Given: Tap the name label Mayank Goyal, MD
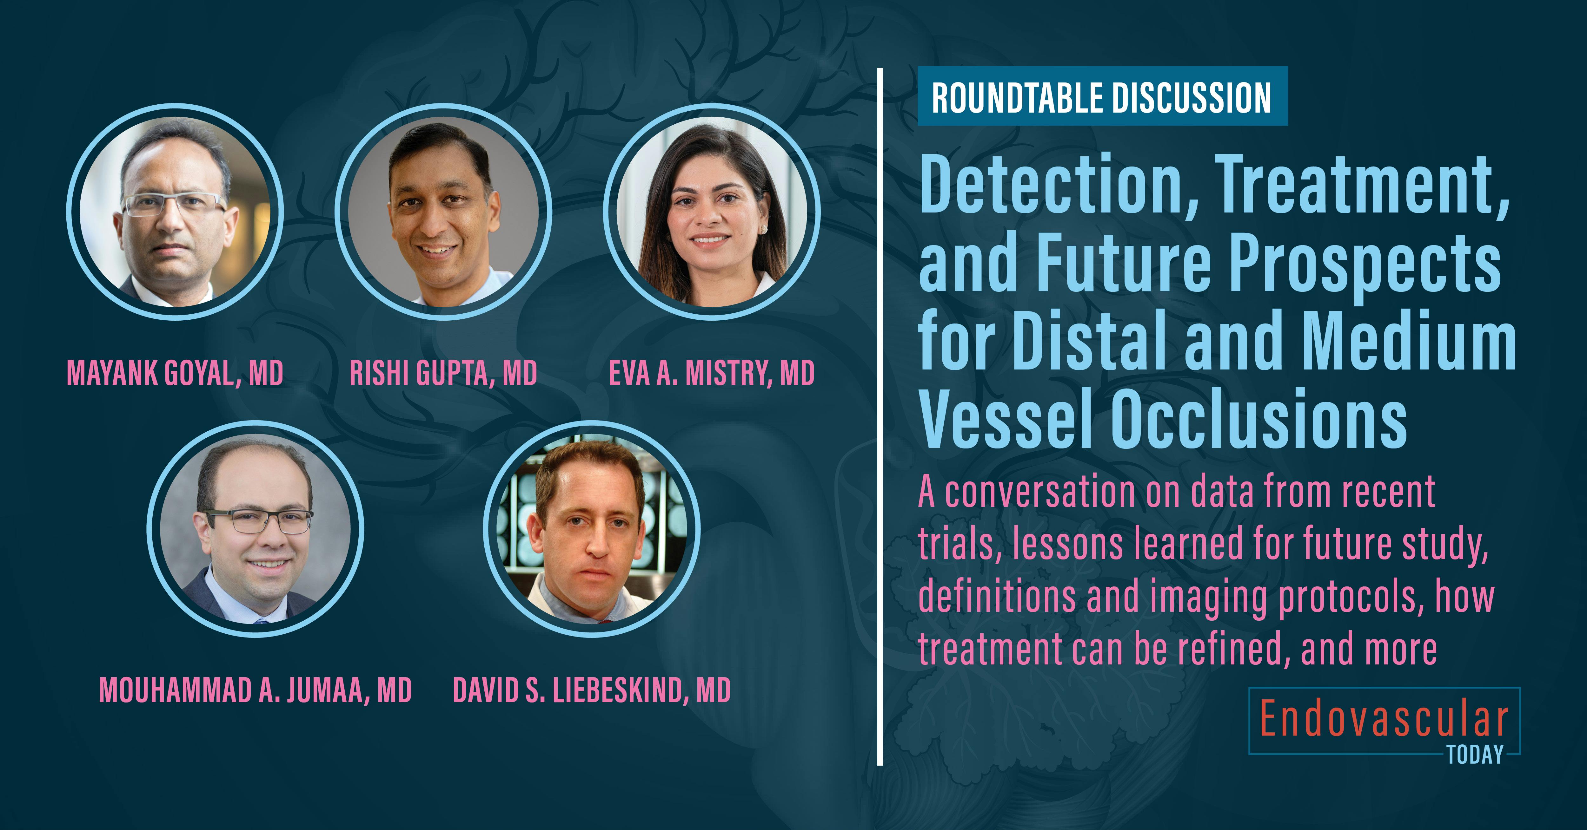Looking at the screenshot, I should point(175,373).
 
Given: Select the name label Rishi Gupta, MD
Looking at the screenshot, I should point(443,373).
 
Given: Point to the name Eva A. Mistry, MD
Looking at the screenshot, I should point(712,373).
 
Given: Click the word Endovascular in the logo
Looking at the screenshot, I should point(1384,719).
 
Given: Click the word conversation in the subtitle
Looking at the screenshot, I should point(1040,493).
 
